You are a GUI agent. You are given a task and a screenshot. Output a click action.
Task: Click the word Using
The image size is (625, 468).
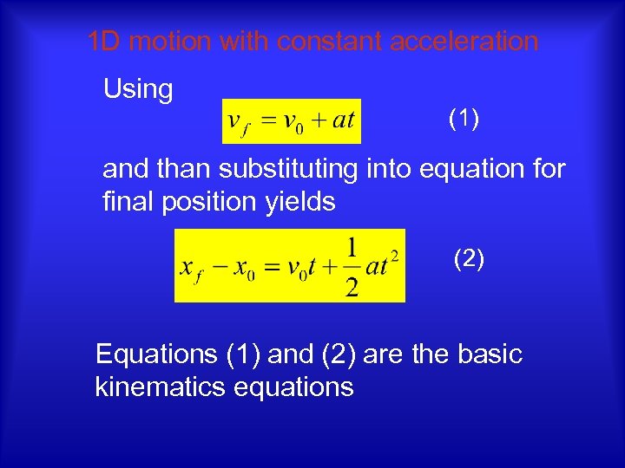pyautogui.click(x=138, y=88)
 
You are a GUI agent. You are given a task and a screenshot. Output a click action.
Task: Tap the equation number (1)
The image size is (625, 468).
pyautogui.click(x=464, y=119)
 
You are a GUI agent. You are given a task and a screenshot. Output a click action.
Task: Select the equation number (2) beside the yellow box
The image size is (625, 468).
pyautogui.click(x=469, y=257)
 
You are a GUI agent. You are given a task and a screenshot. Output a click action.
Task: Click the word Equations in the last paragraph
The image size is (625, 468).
pyautogui.click(x=156, y=354)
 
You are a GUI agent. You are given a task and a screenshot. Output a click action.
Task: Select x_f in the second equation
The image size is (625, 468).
pyautogui.click(x=191, y=267)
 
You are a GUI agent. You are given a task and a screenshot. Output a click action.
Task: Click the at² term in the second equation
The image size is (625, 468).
pyautogui.click(x=383, y=264)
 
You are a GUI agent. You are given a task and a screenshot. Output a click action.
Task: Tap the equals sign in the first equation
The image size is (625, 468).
pyautogui.click(x=266, y=120)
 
